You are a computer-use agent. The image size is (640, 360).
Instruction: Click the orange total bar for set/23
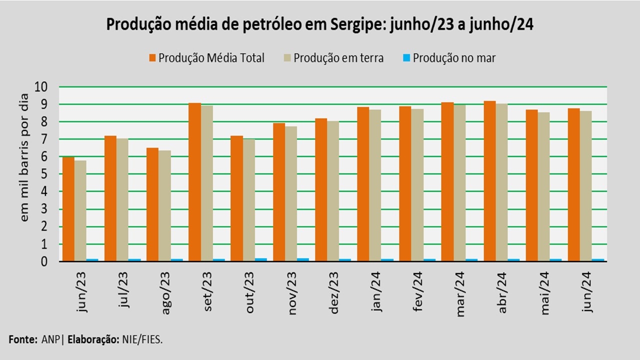coord(194,182)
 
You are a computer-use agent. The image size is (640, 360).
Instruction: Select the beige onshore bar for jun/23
coord(80,210)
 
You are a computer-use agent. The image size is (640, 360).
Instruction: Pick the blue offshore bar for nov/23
coord(303,259)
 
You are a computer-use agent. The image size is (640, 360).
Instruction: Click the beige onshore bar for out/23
coord(248,200)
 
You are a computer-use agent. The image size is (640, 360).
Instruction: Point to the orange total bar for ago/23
coord(152,204)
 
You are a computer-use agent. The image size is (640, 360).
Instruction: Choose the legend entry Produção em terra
coord(338,58)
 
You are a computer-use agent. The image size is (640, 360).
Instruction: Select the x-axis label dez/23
coord(334,292)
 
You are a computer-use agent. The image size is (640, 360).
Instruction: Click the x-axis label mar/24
coord(461,292)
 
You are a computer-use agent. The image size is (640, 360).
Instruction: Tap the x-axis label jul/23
coord(123,290)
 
